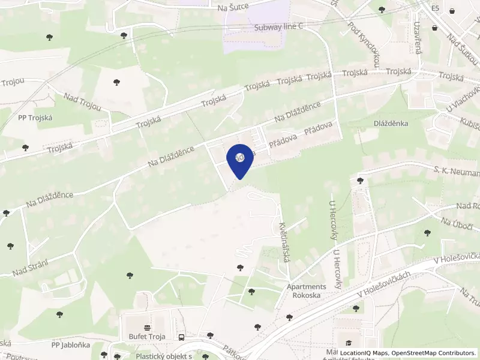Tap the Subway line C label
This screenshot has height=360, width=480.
(279, 27)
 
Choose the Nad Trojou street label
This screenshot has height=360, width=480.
(82, 103)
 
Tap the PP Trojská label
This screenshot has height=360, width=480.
(35, 118)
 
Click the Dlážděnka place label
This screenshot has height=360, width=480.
(391, 123)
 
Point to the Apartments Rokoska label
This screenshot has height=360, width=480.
(307, 291)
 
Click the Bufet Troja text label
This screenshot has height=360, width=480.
(147, 337)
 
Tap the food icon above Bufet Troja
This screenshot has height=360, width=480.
(147, 328)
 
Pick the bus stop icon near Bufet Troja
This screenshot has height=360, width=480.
(182, 337)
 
